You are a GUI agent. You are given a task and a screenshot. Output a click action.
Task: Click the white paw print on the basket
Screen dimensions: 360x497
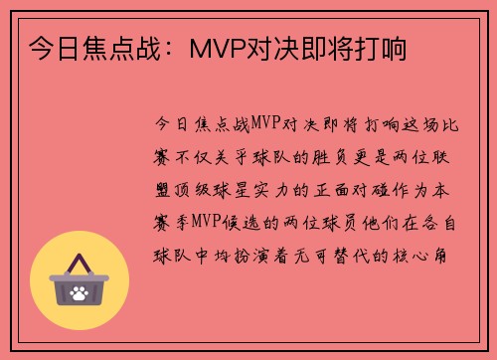(x=80, y=293)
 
